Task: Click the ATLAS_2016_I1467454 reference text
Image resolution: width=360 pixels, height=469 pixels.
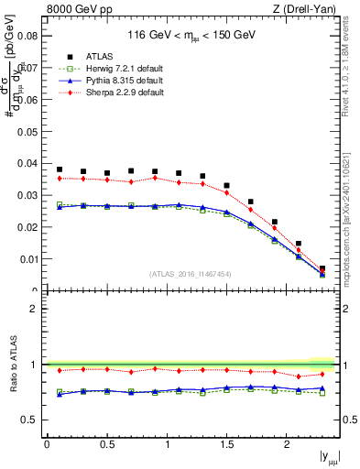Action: click(191, 274)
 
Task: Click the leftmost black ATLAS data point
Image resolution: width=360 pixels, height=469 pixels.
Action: click(60, 169)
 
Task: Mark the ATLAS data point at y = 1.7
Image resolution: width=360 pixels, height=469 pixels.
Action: click(251, 202)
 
